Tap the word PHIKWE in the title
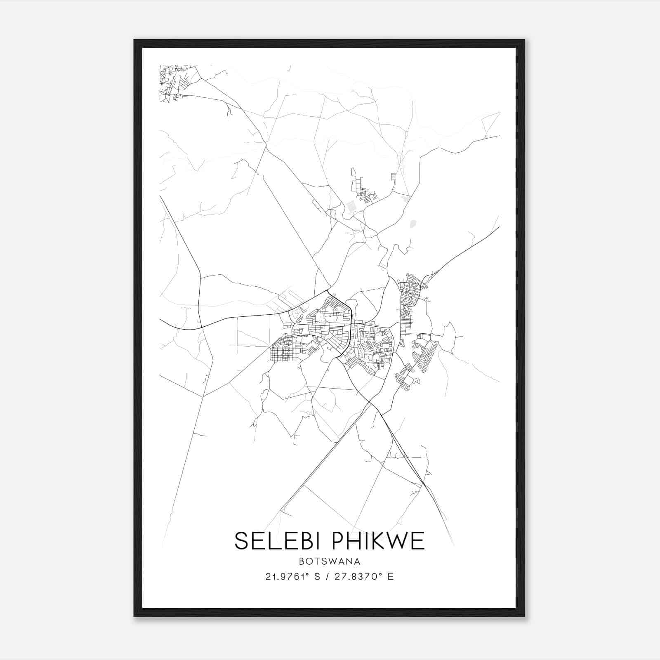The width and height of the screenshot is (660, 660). point(378,541)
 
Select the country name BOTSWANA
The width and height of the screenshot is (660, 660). point(330,561)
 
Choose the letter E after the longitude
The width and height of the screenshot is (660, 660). point(391,577)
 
